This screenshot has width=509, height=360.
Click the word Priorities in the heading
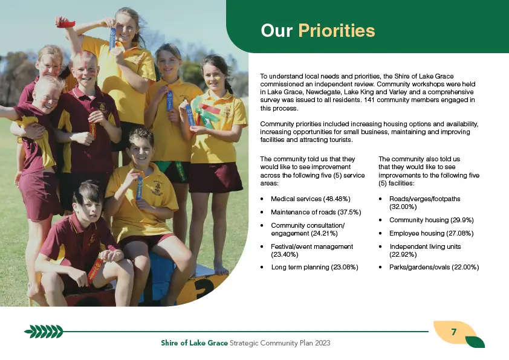pos(337,31)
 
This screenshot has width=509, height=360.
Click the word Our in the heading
pos(277,31)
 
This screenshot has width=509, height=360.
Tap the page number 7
pos(454,332)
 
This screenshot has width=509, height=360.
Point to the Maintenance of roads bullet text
pos(316,212)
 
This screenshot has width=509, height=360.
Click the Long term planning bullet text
pos(314,267)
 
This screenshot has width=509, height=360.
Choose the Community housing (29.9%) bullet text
pos(432,220)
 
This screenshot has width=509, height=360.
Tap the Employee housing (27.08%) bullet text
pos(432,234)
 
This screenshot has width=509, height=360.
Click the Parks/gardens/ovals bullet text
pos(434,267)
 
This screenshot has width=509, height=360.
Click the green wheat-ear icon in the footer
pos(44,332)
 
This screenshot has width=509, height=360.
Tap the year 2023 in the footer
pos(322,343)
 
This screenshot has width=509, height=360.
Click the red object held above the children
pos(65,23)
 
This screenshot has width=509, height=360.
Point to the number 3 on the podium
pos(204,288)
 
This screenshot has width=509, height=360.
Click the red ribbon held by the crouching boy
pos(96,270)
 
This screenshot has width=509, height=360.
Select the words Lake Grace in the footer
pos(209,343)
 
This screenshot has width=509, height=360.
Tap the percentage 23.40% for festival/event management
pos(285,254)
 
